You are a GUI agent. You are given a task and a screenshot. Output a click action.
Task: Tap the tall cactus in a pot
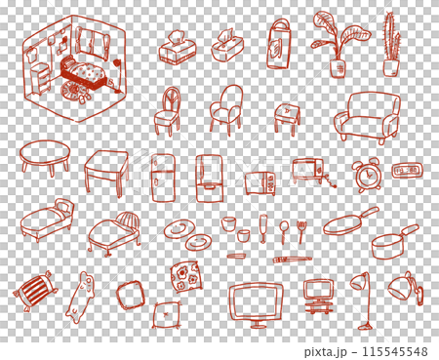391,46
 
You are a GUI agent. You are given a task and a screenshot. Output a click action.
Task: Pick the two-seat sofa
367,118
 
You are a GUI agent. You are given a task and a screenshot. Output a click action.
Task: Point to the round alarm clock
369,174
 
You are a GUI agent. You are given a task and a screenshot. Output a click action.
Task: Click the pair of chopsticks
293,260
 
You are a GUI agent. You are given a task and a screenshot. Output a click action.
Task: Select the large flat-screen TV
257,301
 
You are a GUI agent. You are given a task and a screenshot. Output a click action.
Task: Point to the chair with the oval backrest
168,109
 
